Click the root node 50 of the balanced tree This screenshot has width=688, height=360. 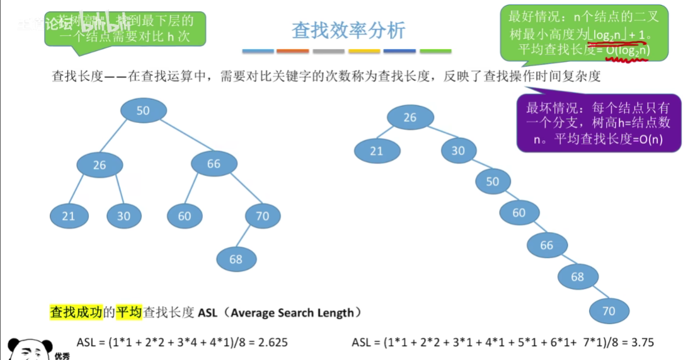point(143,110)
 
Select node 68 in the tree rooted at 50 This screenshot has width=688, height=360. point(236,259)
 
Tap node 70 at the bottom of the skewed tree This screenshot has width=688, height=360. point(609,310)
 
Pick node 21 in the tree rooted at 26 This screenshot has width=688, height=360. point(376,151)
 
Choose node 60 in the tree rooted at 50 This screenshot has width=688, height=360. point(184,216)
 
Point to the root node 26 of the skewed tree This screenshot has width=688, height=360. point(410,117)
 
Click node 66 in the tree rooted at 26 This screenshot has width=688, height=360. point(546,245)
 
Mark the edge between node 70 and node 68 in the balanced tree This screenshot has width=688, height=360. point(249,238)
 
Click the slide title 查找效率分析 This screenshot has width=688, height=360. point(348,30)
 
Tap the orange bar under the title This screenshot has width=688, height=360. point(292,50)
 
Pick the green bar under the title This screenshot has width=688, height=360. point(435,50)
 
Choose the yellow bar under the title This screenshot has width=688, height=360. point(364,50)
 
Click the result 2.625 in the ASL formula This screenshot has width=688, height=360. point(269,343)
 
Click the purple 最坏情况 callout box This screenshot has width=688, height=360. point(599,123)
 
